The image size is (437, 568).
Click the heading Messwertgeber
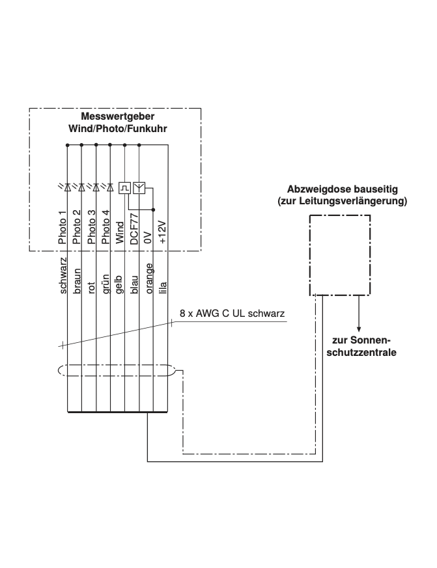click(117, 118)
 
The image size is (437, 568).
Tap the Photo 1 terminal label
click(63, 228)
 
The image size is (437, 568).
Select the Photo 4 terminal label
click(106, 228)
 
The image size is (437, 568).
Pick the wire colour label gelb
click(120, 284)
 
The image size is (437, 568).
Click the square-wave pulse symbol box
click(124, 188)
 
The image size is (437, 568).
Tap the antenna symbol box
click(139, 188)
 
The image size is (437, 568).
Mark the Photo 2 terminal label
click(77, 228)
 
